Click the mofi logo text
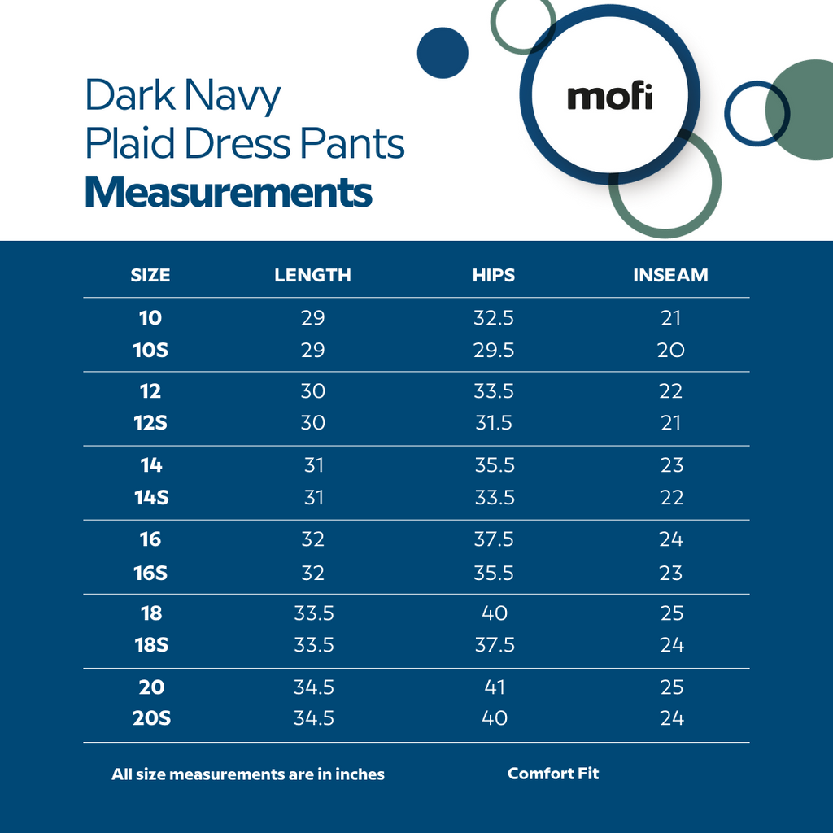[x=609, y=97]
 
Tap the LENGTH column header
[x=312, y=275]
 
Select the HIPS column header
[x=494, y=275]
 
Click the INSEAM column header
[x=670, y=275]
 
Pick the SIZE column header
[x=150, y=275]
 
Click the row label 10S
[x=150, y=351]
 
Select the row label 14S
[x=151, y=498]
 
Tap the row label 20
[x=151, y=687]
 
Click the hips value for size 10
[x=494, y=318]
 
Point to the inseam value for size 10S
[x=671, y=351]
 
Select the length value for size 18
[x=314, y=613]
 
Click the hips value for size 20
[x=494, y=687]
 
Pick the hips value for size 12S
[x=494, y=423]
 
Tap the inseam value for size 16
[x=671, y=539]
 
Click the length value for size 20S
[x=314, y=718]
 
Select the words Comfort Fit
[x=553, y=774]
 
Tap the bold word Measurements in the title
[x=229, y=193]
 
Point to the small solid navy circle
[x=443, y=53]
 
